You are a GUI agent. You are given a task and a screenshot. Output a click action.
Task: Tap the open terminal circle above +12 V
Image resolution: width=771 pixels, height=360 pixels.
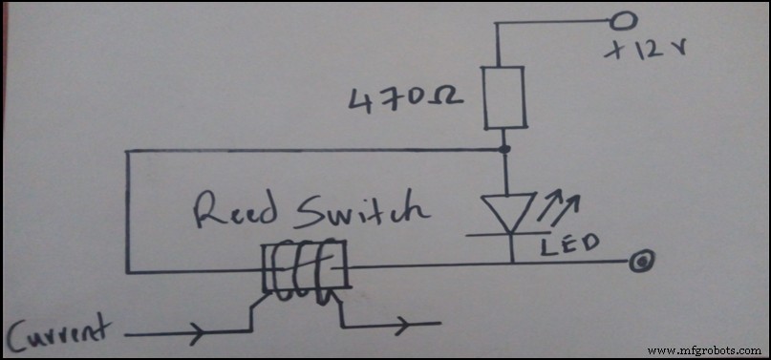click(626, 19)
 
